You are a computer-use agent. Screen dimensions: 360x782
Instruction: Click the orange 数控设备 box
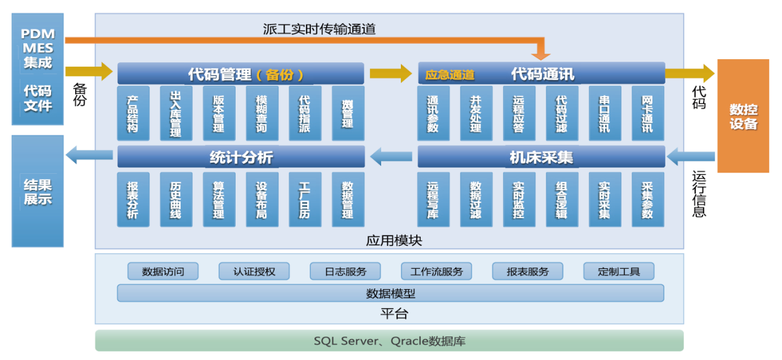[x=743, y=116]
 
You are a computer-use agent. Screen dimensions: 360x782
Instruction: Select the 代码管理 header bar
[x=241, y=74]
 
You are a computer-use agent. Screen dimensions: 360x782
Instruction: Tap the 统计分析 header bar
[x=241, y=157]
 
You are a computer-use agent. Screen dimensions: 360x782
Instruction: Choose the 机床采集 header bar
[x=541, y=157]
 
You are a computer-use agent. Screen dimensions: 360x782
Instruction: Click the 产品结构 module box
[x=133, y=113]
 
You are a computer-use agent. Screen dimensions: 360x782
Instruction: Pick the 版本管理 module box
[x=218, y=113]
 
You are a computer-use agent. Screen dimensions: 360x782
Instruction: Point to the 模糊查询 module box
[x=261, y=113]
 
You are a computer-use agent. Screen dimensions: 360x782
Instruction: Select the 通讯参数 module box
[x=433, y=113]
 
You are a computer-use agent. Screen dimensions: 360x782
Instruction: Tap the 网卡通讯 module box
[x=648, y=113]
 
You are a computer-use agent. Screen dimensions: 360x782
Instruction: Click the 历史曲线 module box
[x=176, y=199]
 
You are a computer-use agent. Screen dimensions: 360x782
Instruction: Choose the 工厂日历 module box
[x=305, y=199]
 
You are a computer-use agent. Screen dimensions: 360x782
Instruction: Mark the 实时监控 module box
[x=519, y=199]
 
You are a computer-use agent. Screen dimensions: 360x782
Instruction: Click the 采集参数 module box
[x=648, y=199]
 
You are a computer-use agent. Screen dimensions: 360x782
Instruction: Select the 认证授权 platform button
[x=254, y=271]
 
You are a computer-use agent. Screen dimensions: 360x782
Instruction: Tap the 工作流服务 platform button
[x=437, y=271]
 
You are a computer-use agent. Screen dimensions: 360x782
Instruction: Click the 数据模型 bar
[x=390, y=293]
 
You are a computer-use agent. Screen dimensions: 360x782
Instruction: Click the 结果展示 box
[x=38, y=191]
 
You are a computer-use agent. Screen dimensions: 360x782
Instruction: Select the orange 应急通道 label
[x=450, y=75]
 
